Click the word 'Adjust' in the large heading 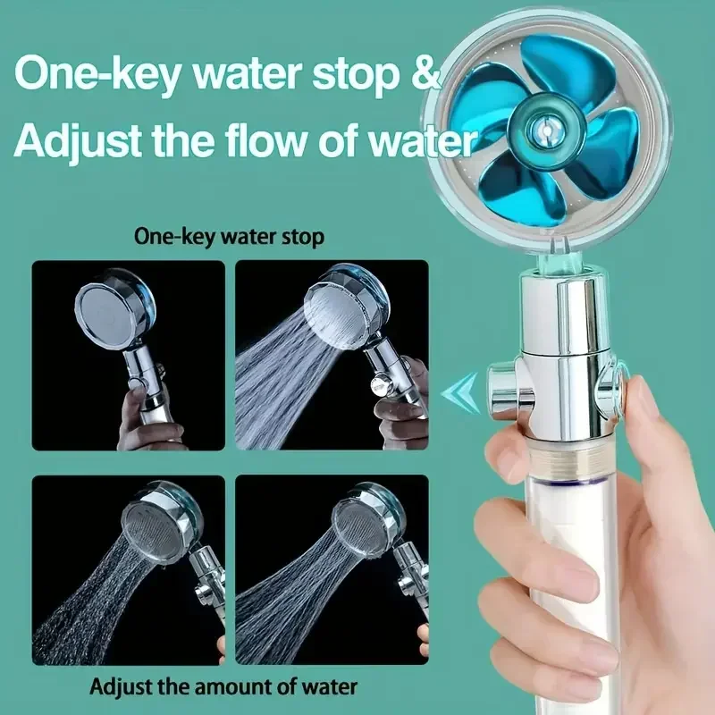point(81,141)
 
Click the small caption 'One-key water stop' point(229,238)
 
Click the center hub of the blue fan point(542,130)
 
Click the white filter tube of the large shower point(572,554)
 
